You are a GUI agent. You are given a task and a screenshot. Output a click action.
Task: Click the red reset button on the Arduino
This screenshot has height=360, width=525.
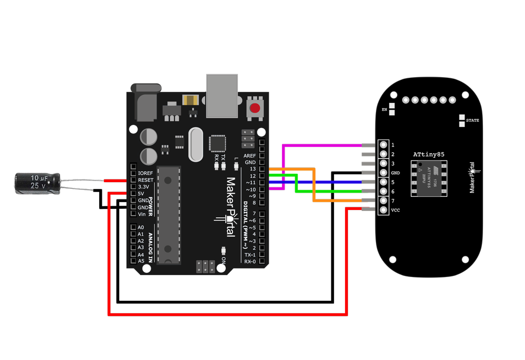click(255, 109)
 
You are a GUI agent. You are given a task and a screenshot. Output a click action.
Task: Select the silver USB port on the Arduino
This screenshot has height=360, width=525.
click(222, 95)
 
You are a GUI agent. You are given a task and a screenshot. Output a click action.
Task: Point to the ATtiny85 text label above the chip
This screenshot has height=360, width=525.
click(428, 155)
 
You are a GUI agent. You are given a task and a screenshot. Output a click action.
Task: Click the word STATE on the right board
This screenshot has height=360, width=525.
click(472, 121)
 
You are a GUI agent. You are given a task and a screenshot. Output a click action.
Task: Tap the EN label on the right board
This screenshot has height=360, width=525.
click(384, 110)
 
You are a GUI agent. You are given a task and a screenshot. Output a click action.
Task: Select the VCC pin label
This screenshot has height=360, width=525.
click(395, 210)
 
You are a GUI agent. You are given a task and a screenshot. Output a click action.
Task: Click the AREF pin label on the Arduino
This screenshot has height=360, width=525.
click(250, 156)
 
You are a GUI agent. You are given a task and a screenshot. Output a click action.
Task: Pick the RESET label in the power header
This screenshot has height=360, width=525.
click(145, 180)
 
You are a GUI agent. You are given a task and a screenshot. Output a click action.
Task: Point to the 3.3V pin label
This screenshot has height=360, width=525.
click(143, 187)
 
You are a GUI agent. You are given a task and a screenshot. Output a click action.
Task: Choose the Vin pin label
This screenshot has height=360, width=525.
click(142, 214)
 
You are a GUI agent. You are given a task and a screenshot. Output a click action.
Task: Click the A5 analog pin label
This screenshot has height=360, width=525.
click(140, 261)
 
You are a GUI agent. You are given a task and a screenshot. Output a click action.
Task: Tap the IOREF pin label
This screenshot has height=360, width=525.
click(145, 173)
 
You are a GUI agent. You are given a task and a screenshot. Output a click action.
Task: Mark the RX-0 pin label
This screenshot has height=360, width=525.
click(249, 261)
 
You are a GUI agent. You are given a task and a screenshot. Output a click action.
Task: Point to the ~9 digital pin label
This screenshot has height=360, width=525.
click(250, 196)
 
